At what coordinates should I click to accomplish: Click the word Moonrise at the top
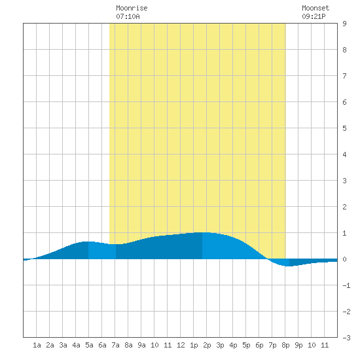[x=132, y=8]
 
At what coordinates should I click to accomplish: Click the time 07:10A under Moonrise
[x=128, y=16]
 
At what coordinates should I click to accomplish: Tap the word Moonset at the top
[x=315, y=8]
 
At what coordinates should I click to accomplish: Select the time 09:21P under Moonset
[x=314, y=16]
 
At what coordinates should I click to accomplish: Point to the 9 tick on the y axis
[x=344, y=24]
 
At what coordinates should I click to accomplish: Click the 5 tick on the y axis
[x=344, y=128]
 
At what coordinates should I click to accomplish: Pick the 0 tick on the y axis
[x=344, y=259]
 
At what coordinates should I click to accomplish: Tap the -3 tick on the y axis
[x=346, y=338]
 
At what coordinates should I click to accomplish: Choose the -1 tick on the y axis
[x=346, y=285]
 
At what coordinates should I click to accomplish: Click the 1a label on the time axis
[x=37, y=345]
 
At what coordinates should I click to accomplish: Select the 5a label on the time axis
[x=89, y=345]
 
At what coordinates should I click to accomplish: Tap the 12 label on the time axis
[x=181, y=345]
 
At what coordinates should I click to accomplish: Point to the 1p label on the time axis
[x=194, y=345]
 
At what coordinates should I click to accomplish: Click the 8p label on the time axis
[x=285, y=345]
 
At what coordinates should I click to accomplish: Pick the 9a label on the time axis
[x=141, y=345]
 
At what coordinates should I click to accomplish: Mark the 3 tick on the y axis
[x=344, y=181]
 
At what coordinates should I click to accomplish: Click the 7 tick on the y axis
[x=344, y=76]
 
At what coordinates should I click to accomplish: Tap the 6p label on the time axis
[x=259, y=345]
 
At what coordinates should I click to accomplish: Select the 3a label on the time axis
[x=63, y=345]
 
